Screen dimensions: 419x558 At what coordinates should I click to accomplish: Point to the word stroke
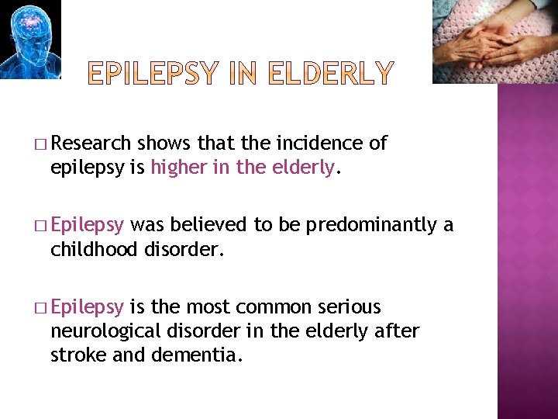(74, 356)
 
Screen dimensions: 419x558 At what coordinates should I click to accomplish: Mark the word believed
(208, 226)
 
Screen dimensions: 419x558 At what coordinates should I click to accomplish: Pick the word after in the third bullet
(395, 331)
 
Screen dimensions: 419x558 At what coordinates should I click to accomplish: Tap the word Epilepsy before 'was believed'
(87, 226)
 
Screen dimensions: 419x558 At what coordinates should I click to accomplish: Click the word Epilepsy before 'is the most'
(87, 307)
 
